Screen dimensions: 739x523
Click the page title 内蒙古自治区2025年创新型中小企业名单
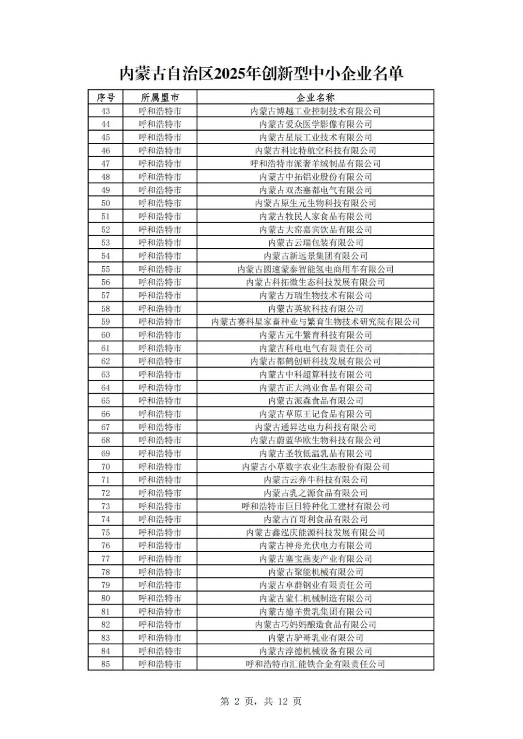click(261, 74)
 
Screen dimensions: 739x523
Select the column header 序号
click(106, 97)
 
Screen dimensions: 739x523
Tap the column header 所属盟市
click(160, 97)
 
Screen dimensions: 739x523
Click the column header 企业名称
click(315, 97)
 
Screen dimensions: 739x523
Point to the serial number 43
click(106, 111)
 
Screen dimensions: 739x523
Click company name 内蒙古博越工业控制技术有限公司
click(315, 111)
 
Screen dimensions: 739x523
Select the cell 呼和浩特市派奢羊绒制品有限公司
click(315, 164)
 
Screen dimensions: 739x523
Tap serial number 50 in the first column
click(106, 203)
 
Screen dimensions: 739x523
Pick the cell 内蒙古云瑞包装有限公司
click(315, 242)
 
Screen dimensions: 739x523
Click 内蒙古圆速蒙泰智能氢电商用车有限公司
click(315, 269)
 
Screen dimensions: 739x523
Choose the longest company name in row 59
click(315, 322)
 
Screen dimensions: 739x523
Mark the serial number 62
click(106, 361)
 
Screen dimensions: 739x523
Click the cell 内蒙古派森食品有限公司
click(315, 401)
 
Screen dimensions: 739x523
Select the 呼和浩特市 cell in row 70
click(160, 467)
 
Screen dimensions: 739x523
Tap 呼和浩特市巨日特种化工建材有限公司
click(315, 506)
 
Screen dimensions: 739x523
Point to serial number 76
click(106, 545)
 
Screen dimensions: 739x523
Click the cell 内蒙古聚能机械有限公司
click(315, 572)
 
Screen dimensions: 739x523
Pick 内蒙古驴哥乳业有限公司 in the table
click(315, 638)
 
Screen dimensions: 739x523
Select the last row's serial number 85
click(106, 664)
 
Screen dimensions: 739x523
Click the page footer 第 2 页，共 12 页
click(261, 701)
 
